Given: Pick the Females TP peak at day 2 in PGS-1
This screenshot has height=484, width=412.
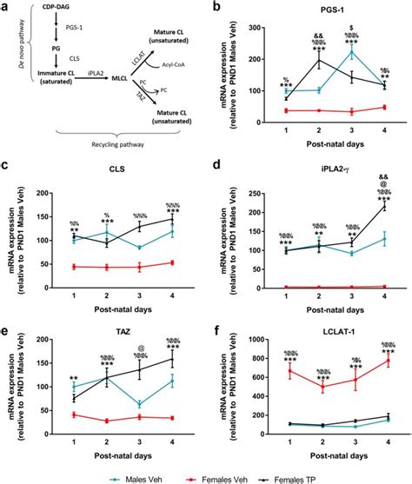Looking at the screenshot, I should [x=296, y=61].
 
